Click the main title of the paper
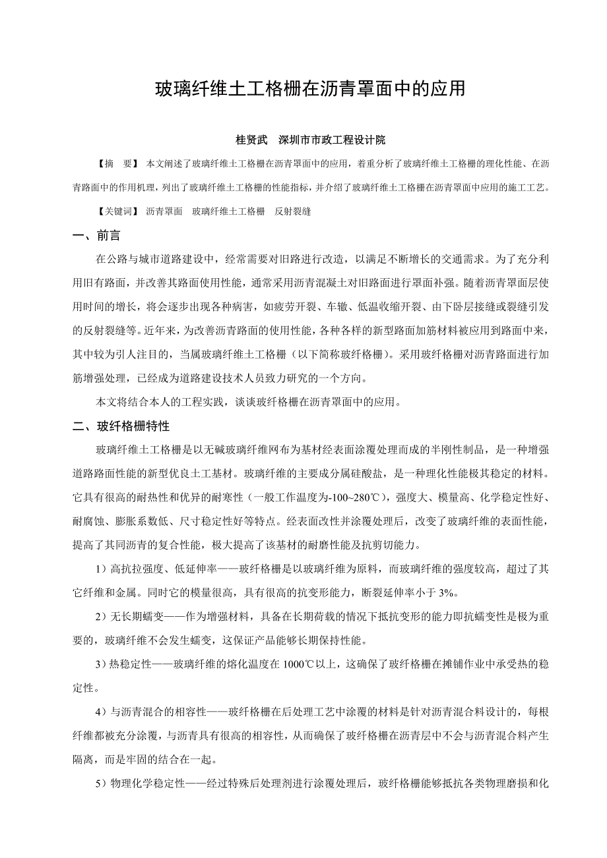(x=310, y=89)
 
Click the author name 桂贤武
(x=251, y=140)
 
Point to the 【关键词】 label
(x=117, y=212)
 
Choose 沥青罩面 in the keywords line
(x=164, y=212)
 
